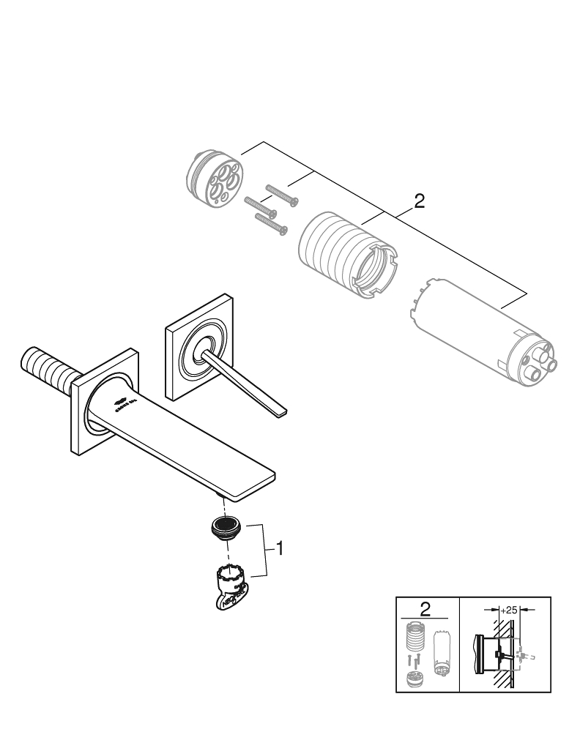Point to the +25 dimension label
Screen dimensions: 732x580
click(510, 609)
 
